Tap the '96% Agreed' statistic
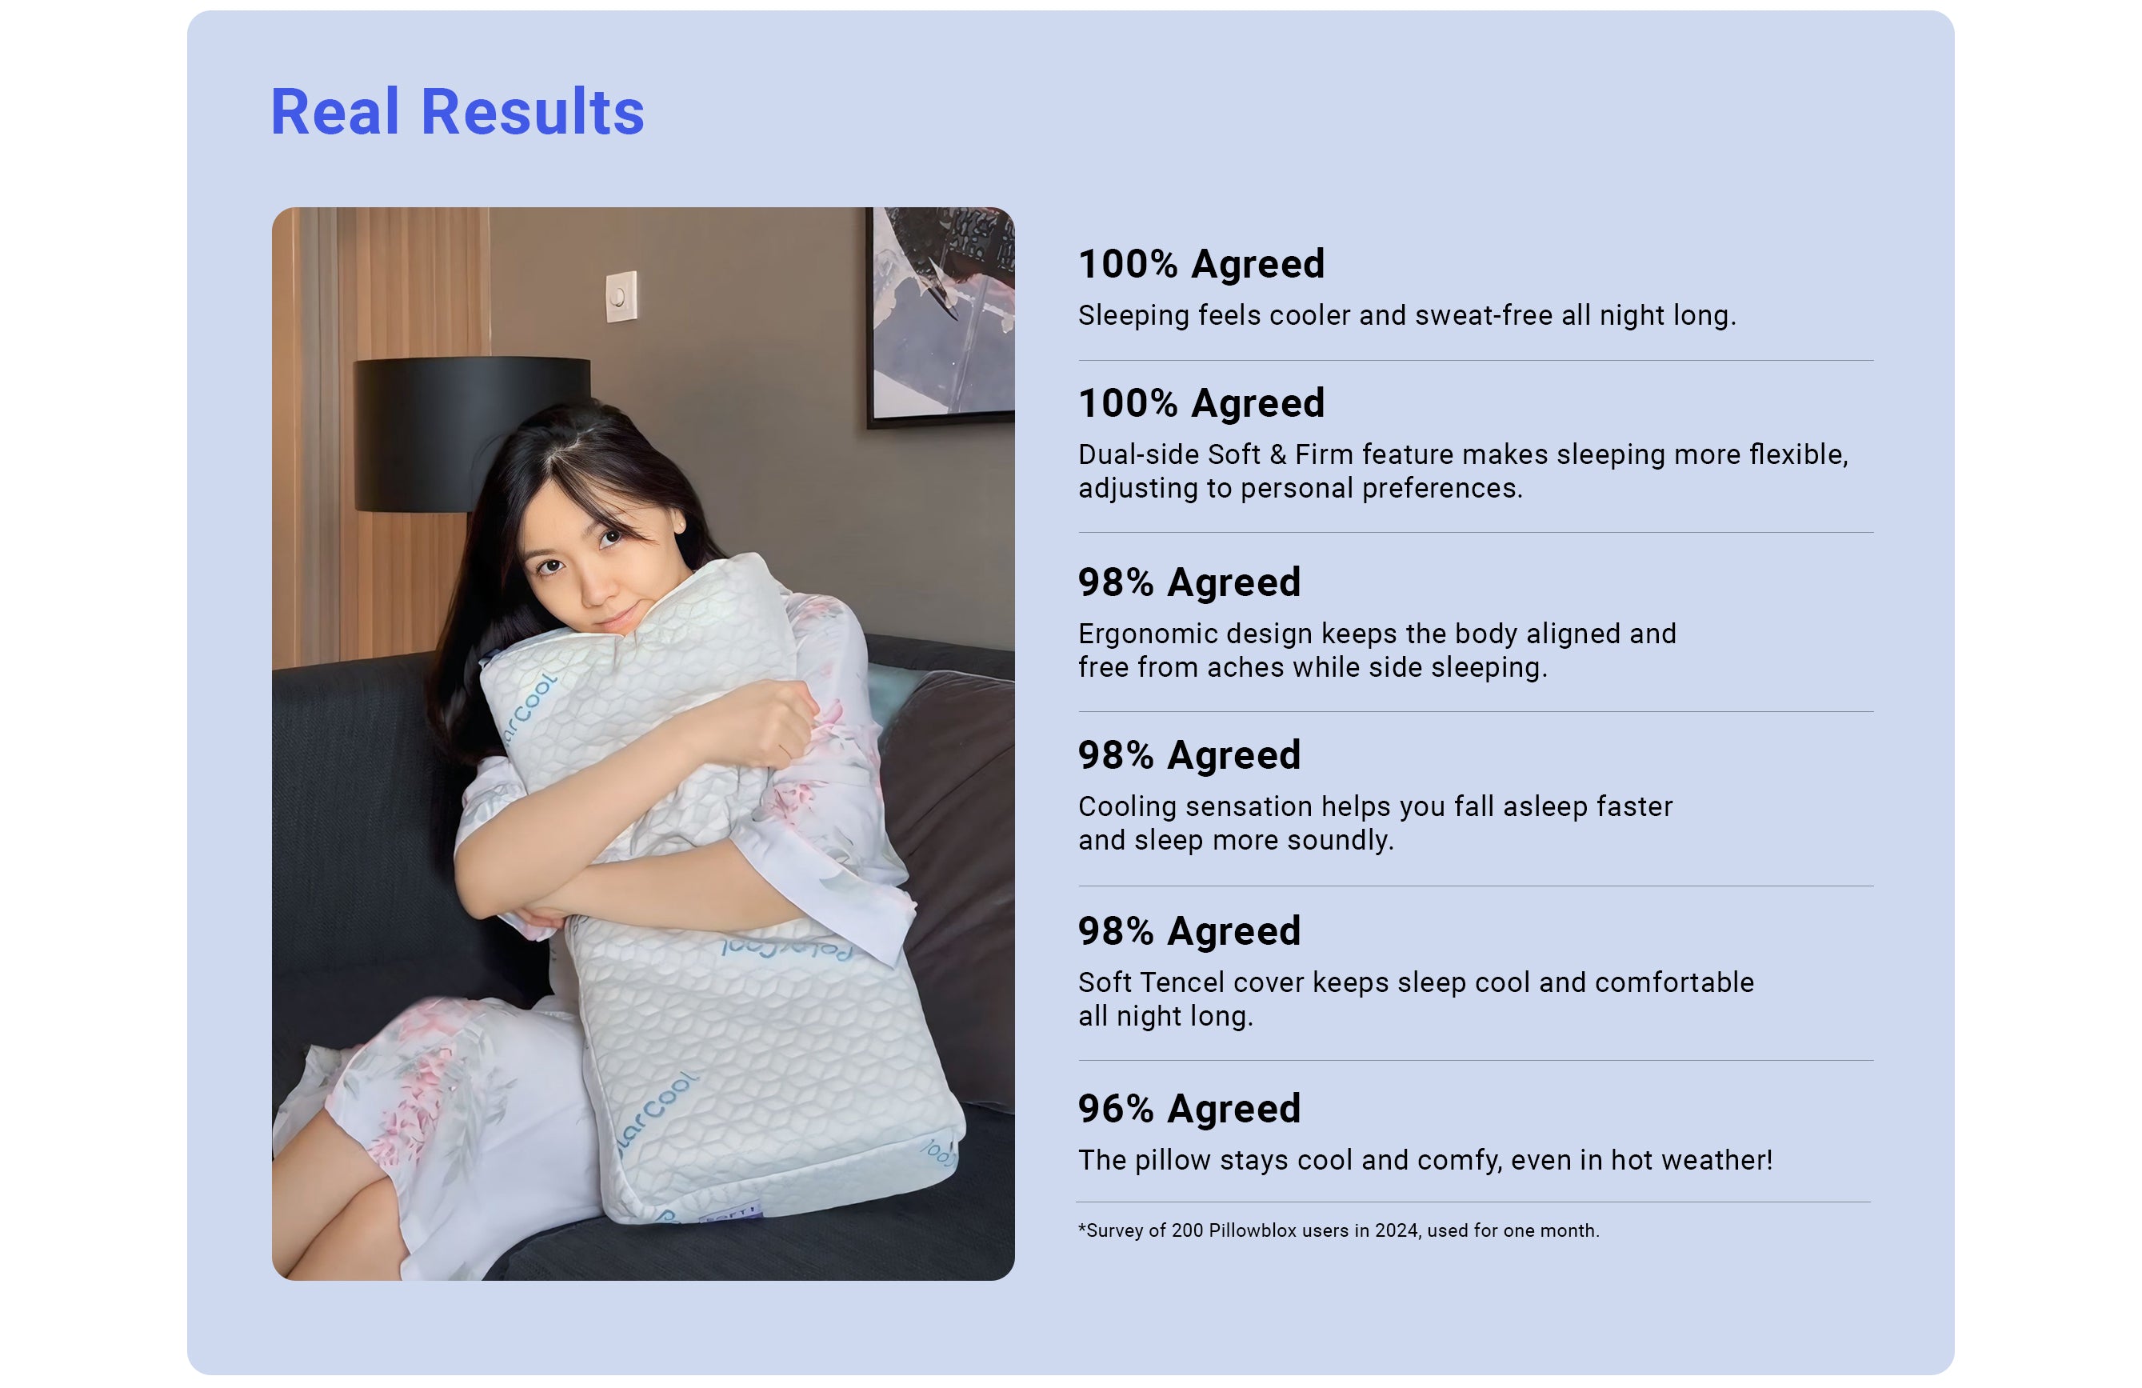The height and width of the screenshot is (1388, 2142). tap(1189, 1108)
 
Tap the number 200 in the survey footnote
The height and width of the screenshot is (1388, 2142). tap(1187, 1230)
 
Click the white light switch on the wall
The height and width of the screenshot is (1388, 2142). tap(621, 296)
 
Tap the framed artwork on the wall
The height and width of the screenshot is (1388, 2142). tap(941, 315)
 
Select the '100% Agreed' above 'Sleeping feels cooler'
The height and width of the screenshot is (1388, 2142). tap(1201, 264)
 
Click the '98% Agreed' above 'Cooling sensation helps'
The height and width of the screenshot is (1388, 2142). tap(1189, 754)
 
